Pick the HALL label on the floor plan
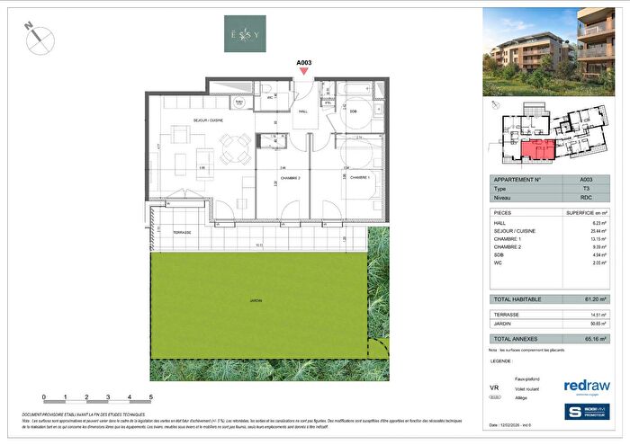pyautogui.click(x=303, y=111)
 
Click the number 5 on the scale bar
pyautogui.click(x=151, y=396)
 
